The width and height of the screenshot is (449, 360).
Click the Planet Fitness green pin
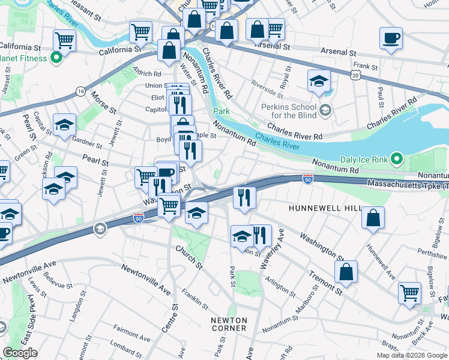[57, 58]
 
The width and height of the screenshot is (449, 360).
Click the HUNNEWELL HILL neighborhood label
[325, 208]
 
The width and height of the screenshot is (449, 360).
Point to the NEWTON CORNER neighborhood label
[229, 324]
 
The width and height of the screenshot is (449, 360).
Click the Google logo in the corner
[20, 353]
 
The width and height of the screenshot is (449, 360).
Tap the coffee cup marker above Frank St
[391, 39]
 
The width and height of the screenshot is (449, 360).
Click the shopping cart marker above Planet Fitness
[65, 41]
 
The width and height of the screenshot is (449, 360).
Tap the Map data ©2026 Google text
[412, 355]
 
